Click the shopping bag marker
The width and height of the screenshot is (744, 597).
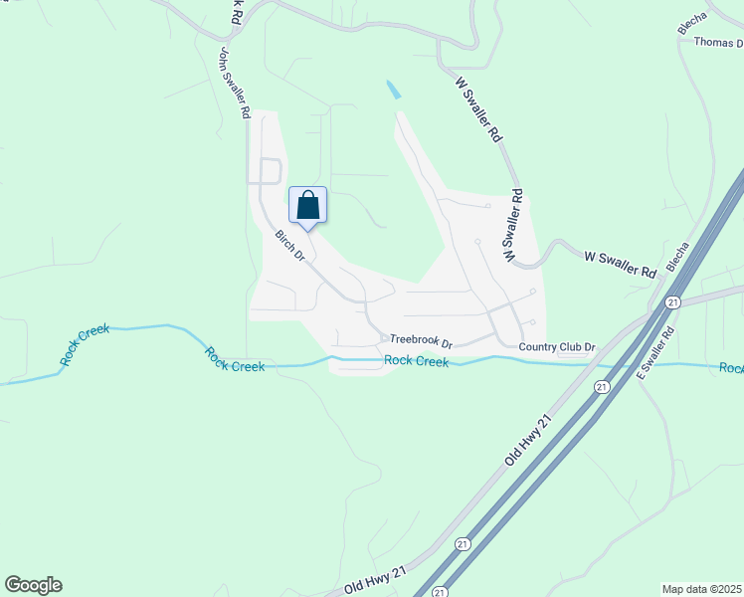coord(308,206)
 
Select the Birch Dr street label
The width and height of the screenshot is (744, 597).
coord(290,244)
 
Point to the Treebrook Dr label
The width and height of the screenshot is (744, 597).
coord(421,340)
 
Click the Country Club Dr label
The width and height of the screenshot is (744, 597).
coord(557,347)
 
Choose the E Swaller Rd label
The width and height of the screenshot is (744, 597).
coord(655,352)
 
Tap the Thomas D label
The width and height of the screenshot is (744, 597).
coord(718,43)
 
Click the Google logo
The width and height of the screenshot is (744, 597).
coord(33,585)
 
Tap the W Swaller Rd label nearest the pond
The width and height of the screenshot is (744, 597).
coord(477,111)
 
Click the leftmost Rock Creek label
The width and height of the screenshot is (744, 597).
coord(85,344)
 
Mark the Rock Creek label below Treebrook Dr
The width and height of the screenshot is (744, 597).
coord(416,361)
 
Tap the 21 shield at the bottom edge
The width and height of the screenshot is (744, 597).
coord(439,591)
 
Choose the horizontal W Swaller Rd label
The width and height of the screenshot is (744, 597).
coord(620,265)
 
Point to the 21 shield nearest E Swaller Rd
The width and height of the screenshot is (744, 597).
coord(672,301)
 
